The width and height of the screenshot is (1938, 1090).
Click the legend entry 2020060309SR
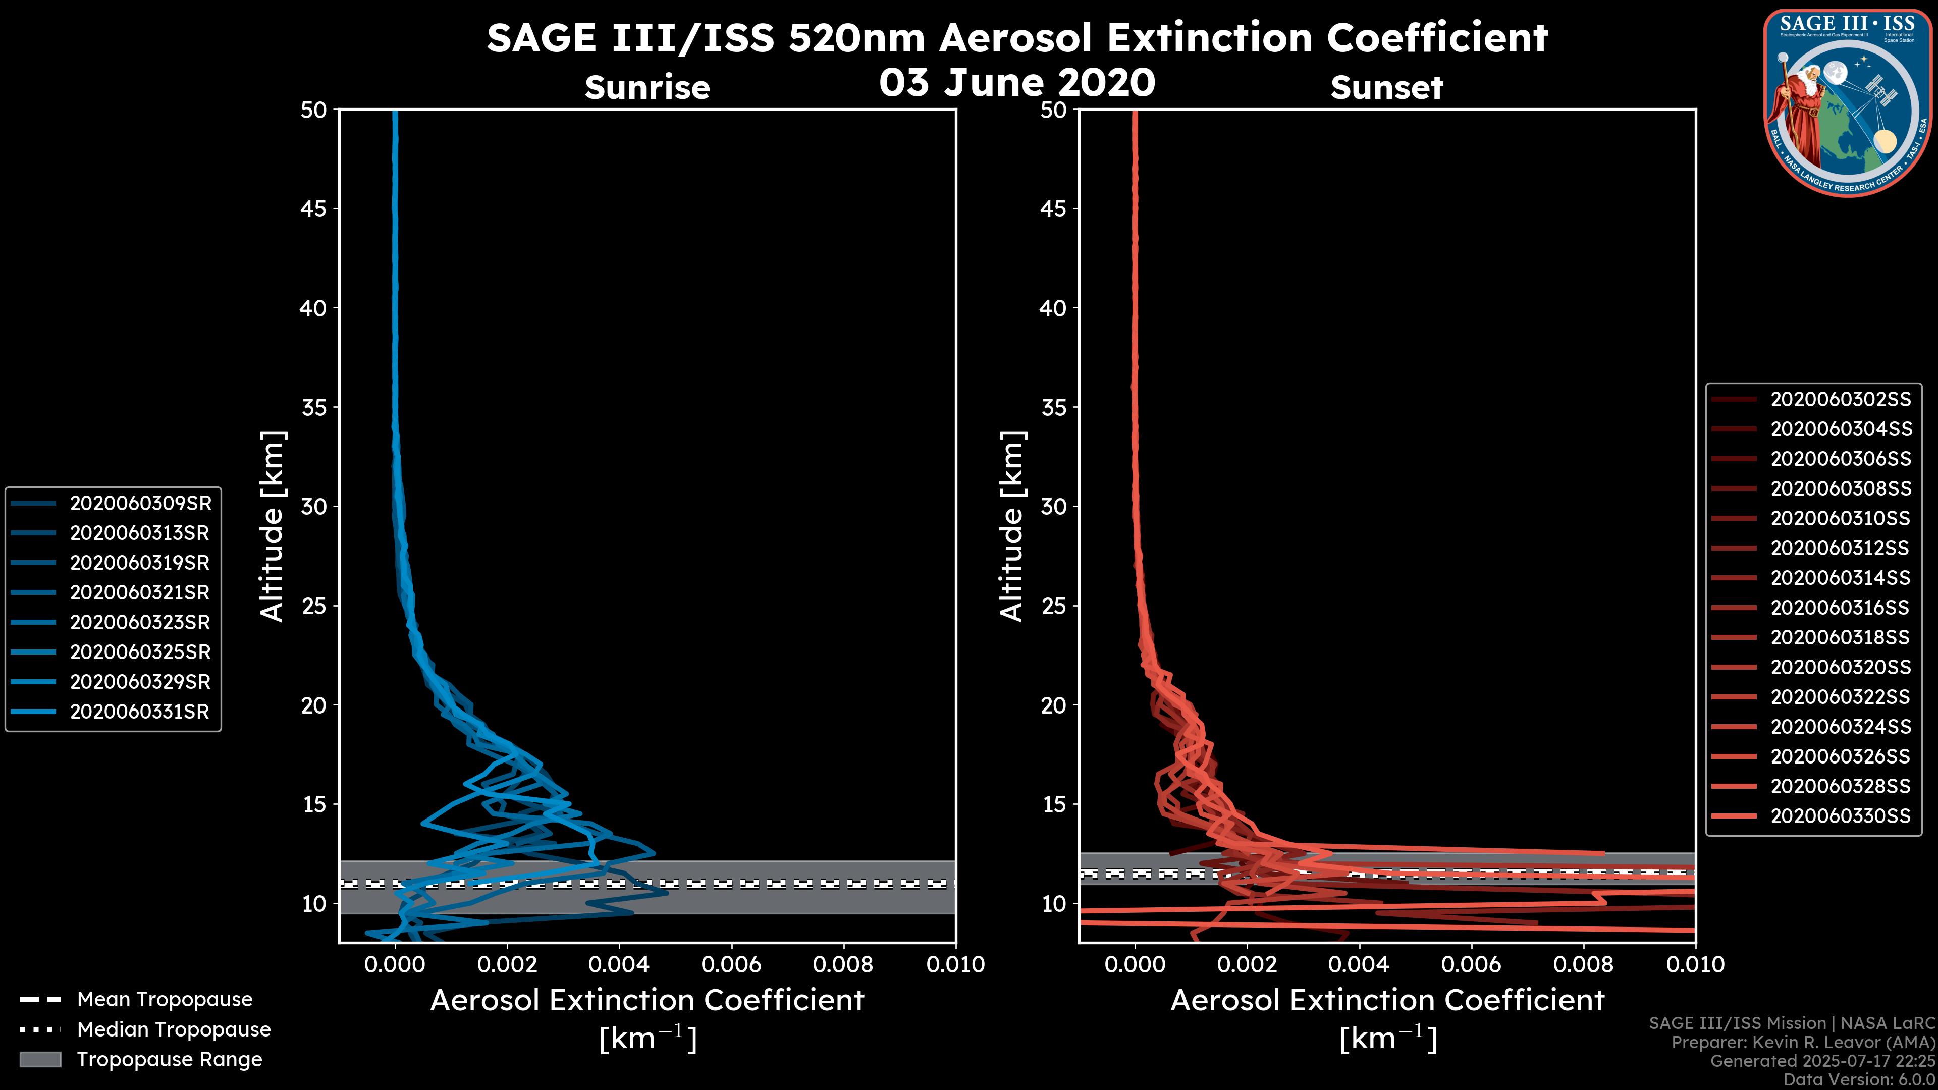[140, 503]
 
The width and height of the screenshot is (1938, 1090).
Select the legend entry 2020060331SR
[139, 712]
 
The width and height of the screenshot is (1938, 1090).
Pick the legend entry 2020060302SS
[1840, 400]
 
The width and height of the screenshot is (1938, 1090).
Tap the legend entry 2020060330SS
[1840, 816]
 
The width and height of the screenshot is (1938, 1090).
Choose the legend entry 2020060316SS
[1840, 608]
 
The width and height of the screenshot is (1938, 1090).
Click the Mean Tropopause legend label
[165, 1000]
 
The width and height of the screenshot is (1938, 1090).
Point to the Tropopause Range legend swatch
[40, 1059]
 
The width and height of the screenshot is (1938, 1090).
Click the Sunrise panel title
[647, 88]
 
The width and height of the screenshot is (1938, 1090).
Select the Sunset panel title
[1386, 88]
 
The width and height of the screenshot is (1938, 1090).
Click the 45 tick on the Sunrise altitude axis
[314, 209]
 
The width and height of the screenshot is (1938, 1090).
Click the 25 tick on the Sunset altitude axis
[1053, 606]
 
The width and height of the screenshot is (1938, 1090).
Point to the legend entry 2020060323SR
[139, 623]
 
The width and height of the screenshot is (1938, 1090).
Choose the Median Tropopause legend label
[174, 1030]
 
